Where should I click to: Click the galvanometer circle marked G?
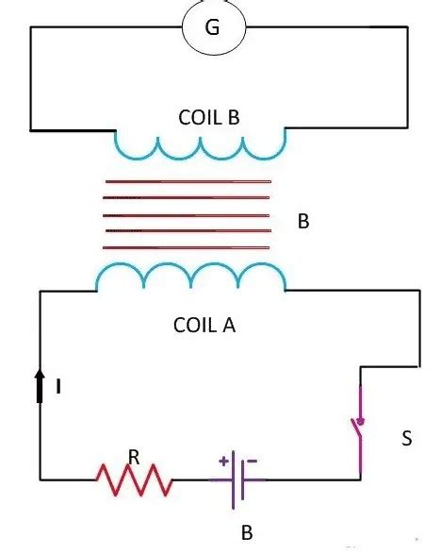coord(213,28)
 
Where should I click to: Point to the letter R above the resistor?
coord(134,458)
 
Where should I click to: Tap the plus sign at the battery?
coord(223,461)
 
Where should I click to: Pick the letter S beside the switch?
coord(405,439)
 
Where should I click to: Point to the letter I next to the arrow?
coord(59,386)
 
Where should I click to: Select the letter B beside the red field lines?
coord(303,224)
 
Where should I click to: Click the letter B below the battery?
coord(246,532)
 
